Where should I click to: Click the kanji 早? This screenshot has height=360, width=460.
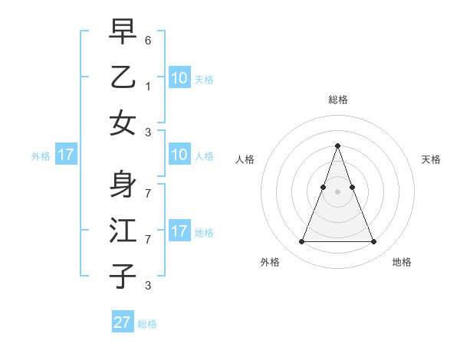123,31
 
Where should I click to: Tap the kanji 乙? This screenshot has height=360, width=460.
123,77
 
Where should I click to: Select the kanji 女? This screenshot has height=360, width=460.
123,123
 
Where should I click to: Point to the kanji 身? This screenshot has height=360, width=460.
123,185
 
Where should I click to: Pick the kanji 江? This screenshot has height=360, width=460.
123,231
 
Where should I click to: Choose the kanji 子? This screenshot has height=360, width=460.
123,276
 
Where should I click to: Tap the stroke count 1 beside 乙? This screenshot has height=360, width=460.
148,86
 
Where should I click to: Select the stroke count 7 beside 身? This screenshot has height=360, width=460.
148,186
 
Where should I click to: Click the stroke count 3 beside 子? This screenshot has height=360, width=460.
148,286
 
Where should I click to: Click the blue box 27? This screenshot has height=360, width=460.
123,322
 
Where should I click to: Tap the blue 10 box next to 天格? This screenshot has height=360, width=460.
179,77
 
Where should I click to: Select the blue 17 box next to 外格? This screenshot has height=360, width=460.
65,155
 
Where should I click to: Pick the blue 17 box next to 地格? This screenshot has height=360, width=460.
179,231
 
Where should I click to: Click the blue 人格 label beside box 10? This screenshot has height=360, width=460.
204,155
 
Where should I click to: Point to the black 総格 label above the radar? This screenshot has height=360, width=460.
337,100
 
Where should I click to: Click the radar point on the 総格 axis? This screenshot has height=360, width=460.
337,146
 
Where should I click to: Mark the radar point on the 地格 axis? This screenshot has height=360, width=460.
373,242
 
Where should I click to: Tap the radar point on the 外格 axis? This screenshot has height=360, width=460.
301,242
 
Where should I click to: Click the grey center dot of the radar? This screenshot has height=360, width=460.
337,191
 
